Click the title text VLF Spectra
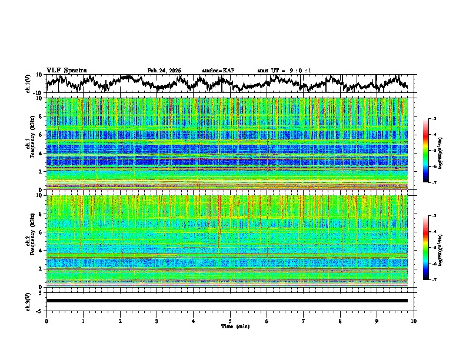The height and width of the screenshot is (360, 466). (66, 70)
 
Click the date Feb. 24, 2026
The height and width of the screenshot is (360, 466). (164, 71)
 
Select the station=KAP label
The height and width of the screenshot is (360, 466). (218, 71)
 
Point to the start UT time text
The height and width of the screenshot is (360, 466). (284, 71)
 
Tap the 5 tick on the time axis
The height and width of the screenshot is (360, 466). (230, 321)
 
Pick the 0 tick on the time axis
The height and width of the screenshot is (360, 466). (46, 321)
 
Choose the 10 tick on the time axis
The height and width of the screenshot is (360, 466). (414, 321)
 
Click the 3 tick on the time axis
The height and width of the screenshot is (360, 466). (157, 321)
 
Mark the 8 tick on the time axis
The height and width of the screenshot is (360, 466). (340, 321)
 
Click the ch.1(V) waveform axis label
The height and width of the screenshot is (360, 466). (29, 84)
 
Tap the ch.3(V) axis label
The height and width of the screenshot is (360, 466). (29, 301)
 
